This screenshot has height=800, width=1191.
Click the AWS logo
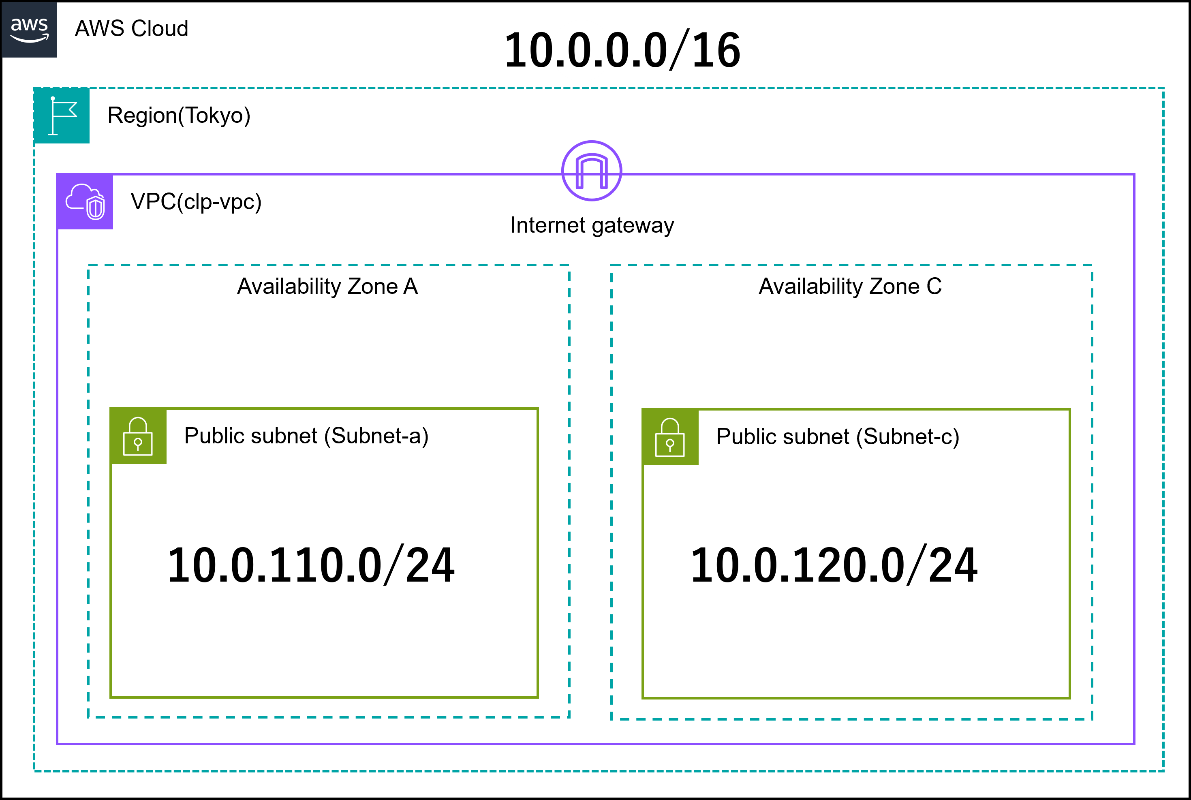(x=29, y=30)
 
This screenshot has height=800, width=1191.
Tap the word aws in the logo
(x=29, y=24)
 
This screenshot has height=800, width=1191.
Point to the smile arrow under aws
(x=30, y=39)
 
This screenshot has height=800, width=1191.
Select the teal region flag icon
(x=62, y=116)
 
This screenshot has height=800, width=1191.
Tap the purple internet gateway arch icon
(x=591, y=171)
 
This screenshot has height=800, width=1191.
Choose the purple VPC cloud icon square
(x=85, y=201)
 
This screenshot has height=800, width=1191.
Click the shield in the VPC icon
(x=95, y=208)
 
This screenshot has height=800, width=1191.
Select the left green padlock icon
(x=138, y=436)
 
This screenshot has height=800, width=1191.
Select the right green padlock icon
(x=670, y=437)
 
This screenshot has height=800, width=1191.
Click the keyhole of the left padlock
(x=138, y=443)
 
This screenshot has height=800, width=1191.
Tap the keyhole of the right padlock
(x=670, y=445)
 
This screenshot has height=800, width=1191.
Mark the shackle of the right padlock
(x=670, y=426)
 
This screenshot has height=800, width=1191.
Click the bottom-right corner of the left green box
(x=538, y=697)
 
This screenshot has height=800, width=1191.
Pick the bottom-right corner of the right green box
(x=1069, y=698)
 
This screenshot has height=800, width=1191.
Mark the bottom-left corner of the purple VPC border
(x=57, y=744)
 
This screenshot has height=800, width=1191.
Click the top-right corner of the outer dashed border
(x=1163, y=88)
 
